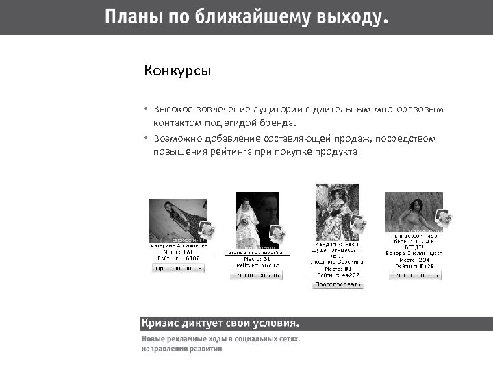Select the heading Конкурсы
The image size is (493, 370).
click(x=177, y=71)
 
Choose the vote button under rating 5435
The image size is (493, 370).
click(x=415, y=275)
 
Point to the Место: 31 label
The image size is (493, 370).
click(x=256, y=258)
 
